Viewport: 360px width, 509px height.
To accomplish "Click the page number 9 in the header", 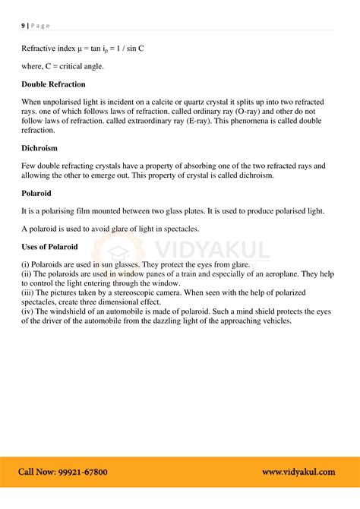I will [23, 26].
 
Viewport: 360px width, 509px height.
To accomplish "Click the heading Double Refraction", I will [53, 84].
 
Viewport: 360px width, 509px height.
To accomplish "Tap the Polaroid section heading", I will [39, 194].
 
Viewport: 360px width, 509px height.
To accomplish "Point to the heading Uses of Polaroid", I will [53, 247].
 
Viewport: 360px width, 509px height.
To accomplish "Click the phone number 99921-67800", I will [84, 472].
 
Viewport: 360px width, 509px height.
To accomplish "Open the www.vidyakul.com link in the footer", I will [298, 472].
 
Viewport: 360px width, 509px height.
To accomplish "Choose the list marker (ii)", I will [27, 273].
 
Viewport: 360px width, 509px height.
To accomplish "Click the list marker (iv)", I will [28, 311].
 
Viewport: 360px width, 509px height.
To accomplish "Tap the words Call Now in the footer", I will [37, 472].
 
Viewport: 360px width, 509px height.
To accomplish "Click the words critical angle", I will [90, 65].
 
